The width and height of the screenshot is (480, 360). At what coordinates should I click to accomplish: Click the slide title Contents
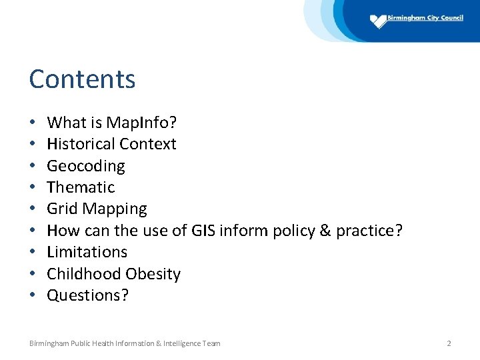82,79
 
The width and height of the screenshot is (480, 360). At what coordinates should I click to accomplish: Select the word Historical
78,144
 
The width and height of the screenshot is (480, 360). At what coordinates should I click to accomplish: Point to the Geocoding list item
85,166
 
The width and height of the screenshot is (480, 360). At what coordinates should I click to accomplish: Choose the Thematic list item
81,187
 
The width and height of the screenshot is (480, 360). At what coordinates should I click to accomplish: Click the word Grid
62,209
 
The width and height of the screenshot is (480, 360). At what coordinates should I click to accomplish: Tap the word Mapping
115,209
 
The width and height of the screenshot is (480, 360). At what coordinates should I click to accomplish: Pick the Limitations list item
87,252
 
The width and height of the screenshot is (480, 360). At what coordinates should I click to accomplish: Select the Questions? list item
87,295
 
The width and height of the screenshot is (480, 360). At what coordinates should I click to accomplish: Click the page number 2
449,343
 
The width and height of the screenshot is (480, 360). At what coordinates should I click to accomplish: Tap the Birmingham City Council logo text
425,18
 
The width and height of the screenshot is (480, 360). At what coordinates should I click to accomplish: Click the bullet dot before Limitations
32,253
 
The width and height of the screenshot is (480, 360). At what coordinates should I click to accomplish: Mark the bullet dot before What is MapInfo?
32,123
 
